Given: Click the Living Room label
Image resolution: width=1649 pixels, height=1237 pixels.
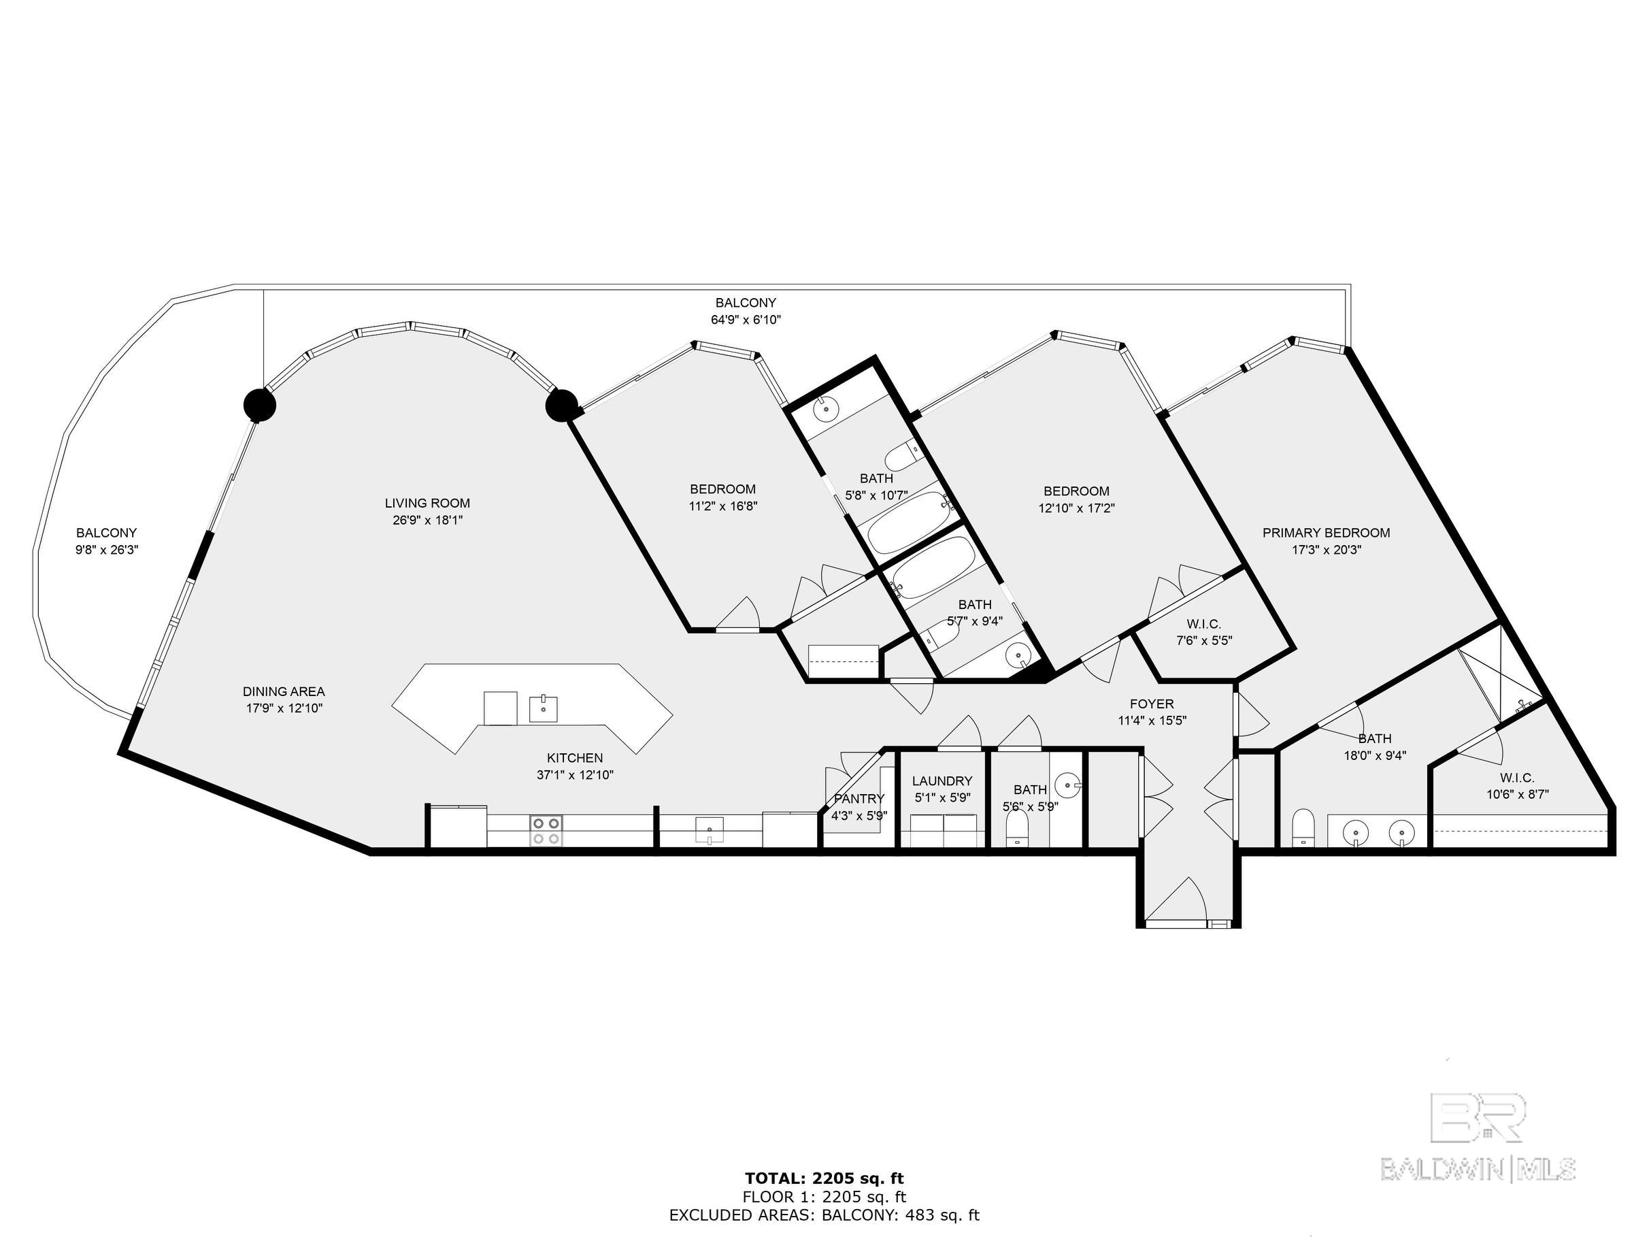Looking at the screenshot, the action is point(427,504).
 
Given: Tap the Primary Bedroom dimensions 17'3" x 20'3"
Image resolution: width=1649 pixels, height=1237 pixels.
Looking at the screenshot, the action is point(1327,550).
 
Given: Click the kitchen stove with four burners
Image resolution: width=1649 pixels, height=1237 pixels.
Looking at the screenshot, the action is point(546,831).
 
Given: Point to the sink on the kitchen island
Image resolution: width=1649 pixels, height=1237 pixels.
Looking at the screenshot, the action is point(544,708).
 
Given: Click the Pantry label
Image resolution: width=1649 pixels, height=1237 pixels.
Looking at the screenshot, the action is point(859,799).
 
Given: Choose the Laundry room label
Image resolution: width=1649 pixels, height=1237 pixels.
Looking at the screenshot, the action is point(942,780).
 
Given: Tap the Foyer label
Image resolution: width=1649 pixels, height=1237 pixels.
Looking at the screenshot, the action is point(1152,704).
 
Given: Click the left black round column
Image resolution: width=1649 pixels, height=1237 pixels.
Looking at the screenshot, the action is point(260,406).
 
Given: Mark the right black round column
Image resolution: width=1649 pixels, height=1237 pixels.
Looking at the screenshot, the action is point(562,406).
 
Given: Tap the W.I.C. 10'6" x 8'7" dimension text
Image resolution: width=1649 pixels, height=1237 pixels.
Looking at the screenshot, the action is point(1518,795).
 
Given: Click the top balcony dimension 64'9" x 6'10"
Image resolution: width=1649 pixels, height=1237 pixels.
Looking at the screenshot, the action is point(746,320).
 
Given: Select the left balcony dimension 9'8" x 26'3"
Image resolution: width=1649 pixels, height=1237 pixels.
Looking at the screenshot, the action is point(107,550).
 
